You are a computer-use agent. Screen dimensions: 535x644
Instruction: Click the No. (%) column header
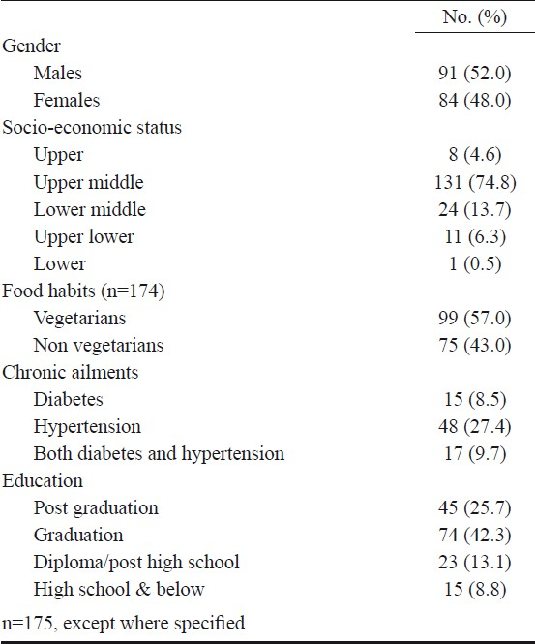point(475,17)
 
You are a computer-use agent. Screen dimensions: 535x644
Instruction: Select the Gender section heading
point(31,46)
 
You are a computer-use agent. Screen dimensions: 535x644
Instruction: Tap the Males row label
point(58,73)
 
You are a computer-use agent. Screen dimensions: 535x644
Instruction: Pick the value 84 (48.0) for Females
point(475,100)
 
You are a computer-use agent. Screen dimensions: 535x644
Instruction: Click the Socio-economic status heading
point(92,127)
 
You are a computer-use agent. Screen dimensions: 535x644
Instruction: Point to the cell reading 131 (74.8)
point(475,181)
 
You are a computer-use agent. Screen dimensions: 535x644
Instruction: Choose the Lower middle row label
point(89,209)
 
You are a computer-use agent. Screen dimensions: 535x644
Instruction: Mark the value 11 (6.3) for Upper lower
point(475,236)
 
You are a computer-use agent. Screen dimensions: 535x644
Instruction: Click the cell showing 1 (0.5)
point(475,263)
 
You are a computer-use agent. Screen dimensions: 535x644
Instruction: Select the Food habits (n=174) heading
point(83,291)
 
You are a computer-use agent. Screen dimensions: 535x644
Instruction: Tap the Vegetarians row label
point(79,318)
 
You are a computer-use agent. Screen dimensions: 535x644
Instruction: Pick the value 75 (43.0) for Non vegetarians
point(475,345)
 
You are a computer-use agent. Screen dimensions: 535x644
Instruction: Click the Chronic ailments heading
point(71,372)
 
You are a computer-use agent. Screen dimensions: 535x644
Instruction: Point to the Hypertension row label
point(87,427)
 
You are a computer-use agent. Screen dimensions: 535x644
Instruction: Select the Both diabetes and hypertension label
point(159,454)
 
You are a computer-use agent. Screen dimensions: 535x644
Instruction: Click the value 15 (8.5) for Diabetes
point(475,399)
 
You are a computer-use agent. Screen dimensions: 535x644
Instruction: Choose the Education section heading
point(43,480)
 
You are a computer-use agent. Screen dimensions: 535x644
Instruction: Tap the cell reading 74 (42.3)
point(475,536)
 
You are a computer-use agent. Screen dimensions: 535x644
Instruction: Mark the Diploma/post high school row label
point(136,563)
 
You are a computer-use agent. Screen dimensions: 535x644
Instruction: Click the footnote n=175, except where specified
point(124,623)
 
